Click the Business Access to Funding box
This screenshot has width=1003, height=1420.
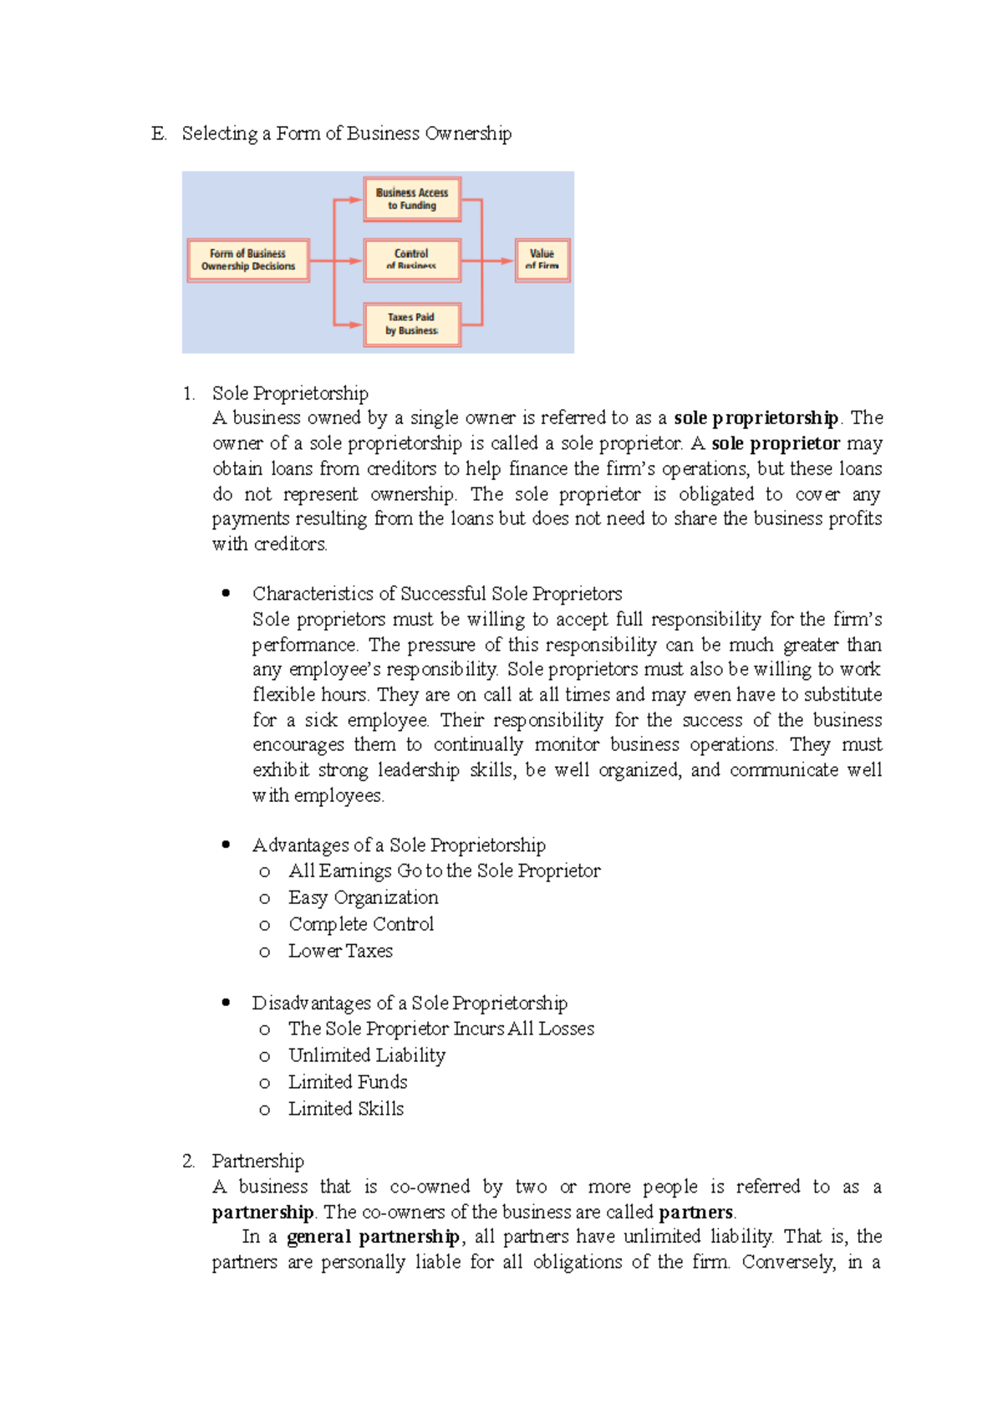click(411, 199)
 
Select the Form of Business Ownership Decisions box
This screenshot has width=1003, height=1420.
click(248, 260)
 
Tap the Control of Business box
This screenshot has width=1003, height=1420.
click(411, 260)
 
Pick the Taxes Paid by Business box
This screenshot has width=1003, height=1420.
click(411, 324)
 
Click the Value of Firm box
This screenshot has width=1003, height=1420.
click(542, 260)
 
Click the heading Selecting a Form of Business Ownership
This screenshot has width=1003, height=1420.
click(346, 134)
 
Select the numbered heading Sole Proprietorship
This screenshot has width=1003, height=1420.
click(290, 393)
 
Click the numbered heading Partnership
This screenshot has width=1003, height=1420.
click(257, 1161)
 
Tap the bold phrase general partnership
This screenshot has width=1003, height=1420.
click(373, 1237)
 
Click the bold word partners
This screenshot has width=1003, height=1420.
click(695, 1212)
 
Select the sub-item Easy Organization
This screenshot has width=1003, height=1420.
click(363, 897)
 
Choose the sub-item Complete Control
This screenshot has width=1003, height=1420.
click(361, 924)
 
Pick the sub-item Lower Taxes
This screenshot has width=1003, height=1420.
click(340, 951)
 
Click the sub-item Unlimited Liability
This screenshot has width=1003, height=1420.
click(367, 1055)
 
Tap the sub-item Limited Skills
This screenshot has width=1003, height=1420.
click(346, 1109)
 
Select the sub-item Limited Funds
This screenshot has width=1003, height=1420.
click(348, 1082)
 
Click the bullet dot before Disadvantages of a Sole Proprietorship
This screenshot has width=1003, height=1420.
click(226, 1002)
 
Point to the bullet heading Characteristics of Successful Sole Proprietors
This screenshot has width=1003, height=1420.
click(437, 594)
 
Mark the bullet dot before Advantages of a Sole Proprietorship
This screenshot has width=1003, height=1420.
click(226, 845)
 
